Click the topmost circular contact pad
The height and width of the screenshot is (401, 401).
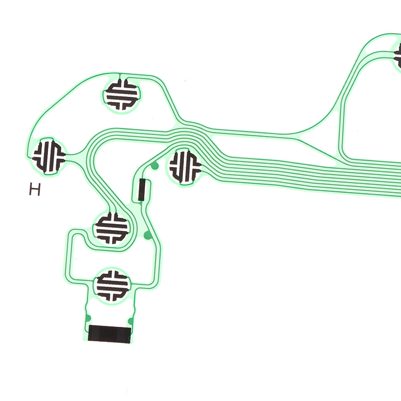coord(122,95)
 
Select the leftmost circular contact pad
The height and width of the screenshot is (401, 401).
coord(49,156)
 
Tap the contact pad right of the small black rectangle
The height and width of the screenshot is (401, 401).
coord(185,167)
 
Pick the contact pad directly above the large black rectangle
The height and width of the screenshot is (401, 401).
coord(112,286)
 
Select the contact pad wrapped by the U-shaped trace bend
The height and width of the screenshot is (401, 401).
coord(112,228)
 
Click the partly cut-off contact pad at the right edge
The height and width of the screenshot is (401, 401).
coord(397,55)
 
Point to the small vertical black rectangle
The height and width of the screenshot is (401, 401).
coord(142,190)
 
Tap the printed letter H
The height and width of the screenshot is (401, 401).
coord(35,189)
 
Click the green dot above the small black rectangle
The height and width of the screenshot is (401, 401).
coord(154,166)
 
